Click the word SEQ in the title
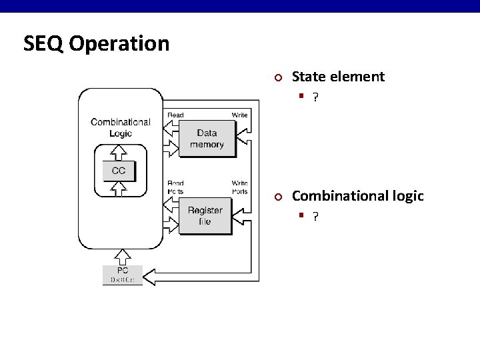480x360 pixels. [x=43, y=44]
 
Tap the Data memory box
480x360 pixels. [x=207, y=139]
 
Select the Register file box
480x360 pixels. [x=205, y=215]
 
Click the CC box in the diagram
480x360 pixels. [x=119, y=171]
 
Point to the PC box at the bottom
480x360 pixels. [x=123, y=275]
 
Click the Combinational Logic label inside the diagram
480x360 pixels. [x=121, y=127]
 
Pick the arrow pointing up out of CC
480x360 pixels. [x=119, y=151]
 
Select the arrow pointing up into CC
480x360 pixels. [x=119, y=190]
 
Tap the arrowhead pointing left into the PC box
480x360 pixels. [x=150, y=275]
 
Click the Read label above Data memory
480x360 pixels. [x=175, y=115]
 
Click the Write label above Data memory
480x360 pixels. [x=239, y=115]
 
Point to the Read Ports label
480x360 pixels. [x=175, y=187]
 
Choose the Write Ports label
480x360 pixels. [x=239, y=187]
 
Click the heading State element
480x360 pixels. [x=338, y=77]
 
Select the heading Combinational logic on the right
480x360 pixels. [x=357, y=196]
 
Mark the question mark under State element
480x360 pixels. [x=315, y=97]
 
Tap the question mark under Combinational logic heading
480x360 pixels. [x=315, y=217]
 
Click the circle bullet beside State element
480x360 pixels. [x=279, y=77]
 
